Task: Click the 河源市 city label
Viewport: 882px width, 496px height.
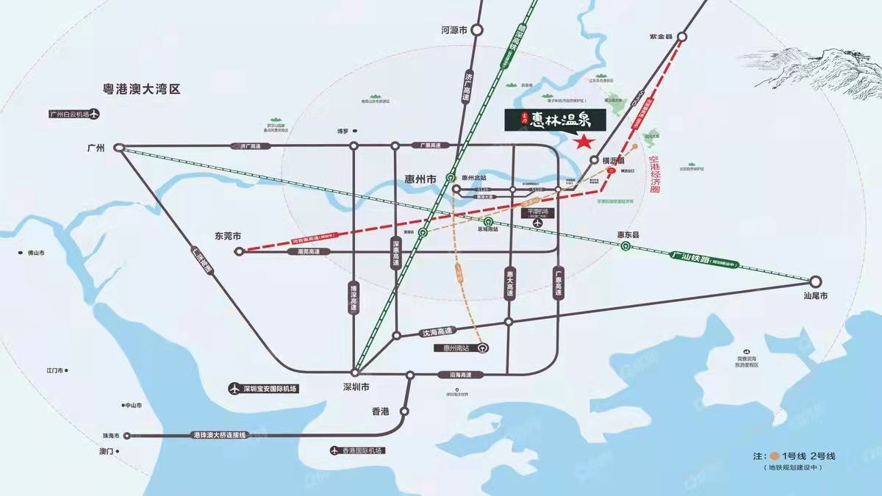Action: point(454,30)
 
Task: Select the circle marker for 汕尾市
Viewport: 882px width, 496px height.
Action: point(815,281)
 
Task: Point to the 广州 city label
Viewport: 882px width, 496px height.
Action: point(96,148)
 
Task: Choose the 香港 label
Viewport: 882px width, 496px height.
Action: point(380,412)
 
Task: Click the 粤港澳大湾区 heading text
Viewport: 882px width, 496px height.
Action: point(141,89)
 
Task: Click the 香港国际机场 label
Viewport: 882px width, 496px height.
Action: point(368,450)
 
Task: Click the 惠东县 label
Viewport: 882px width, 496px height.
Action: point(628,234)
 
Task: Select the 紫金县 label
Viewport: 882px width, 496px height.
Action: point(661,35)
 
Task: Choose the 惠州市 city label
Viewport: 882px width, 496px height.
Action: point(420,179)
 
